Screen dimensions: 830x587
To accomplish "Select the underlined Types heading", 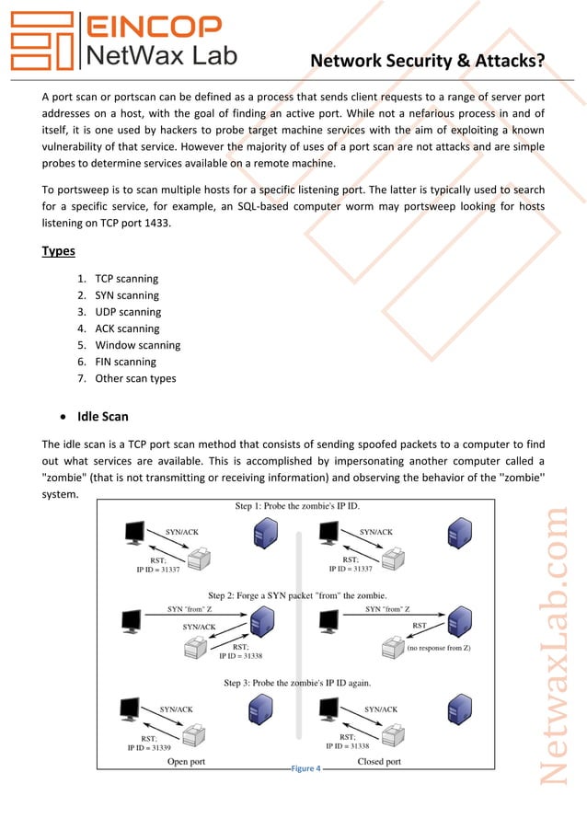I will tap(59, 251).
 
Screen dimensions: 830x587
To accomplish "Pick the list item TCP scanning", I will tap(126, 279).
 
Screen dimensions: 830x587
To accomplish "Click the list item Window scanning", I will tap(137, 345).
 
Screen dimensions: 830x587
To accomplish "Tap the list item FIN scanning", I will tap(125, 362).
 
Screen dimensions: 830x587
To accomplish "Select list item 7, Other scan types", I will tap(135, 378).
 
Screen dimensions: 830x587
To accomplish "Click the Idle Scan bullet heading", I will tap(103, 417).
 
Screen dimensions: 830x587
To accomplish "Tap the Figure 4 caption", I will tap(305, 768).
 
